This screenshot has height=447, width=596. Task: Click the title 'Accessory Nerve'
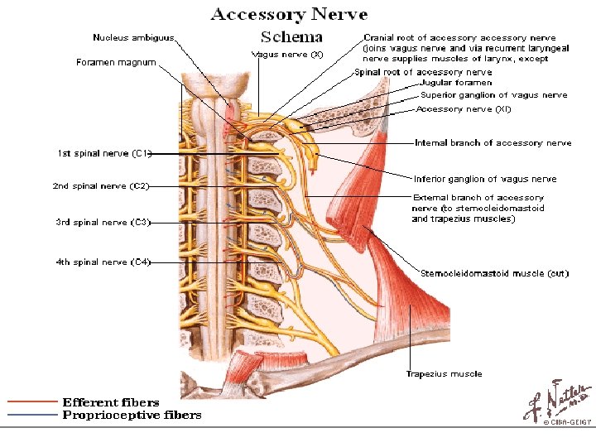[x=289, y=14]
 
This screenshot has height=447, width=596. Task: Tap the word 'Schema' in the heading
[x=291, y=36]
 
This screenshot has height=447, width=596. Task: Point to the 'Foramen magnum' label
[x=116, y=62]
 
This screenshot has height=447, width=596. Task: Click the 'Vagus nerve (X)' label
[x=286, y=54]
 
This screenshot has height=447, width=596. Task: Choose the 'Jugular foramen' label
[x=456, y=83]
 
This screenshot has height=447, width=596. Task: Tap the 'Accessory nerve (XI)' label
[x=464, y=108]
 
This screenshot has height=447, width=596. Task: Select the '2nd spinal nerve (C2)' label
[x=101, y=186]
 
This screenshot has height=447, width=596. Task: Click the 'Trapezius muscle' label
[x=444, y=373]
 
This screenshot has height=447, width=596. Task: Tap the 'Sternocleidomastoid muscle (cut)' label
[x=494, y=273]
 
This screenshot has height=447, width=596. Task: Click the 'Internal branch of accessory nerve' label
[x=493, y=142]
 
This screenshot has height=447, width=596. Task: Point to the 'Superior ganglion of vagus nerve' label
[x=493, y=95]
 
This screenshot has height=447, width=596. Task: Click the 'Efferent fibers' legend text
[x=111, y=402]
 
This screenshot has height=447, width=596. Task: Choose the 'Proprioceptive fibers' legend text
[x=132, y=415]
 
